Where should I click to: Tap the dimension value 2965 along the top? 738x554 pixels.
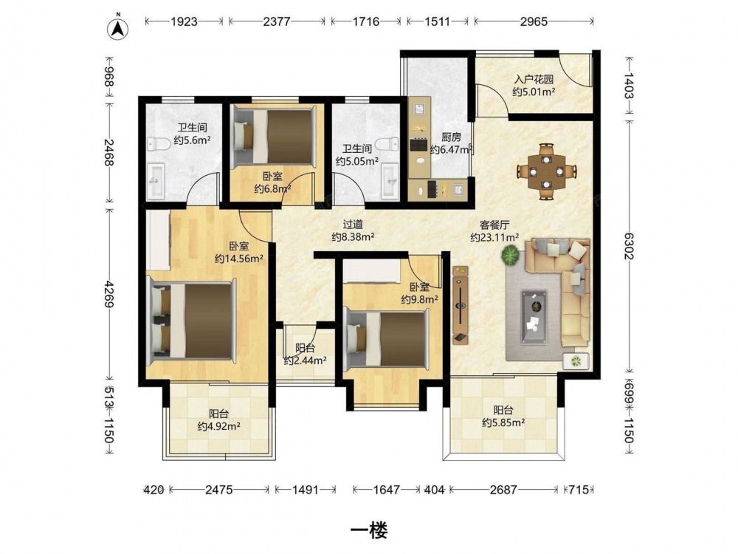click(x=534, y=21)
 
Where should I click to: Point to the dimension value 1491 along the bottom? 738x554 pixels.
click(x=306, y=490)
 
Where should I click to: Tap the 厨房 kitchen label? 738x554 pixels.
click(x=451, y=137)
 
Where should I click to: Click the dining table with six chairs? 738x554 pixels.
click(x=546, y=171)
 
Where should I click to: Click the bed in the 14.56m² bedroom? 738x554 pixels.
click(x=191, y=320)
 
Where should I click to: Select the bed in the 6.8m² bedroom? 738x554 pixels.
click(x=274, y=137)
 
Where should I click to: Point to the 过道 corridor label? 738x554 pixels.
click(x=353, y=225)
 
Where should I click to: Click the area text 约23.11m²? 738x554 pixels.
click(x=494, y=237)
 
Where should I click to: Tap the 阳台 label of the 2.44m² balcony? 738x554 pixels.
click(x=305, y=349)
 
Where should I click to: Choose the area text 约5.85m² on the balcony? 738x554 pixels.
click(x=503, y=423)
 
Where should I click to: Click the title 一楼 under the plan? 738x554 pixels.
click(x=369, y=531)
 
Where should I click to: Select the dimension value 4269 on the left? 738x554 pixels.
click(x=109, y=295)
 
